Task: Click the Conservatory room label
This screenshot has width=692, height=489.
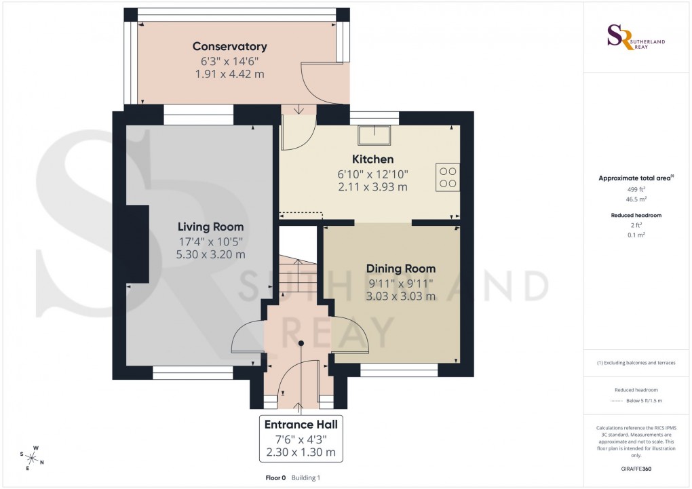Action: coord(229,47)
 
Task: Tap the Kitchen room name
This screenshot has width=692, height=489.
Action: coord(372,159)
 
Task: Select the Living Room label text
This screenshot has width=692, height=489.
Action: coord(210,227)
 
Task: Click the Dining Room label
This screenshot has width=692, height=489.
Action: coord(400,269)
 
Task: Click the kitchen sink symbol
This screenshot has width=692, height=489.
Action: coord(375,135)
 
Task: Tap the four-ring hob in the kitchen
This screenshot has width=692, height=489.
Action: coord(448,177)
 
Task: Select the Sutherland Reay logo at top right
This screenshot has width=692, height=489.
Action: coord(636,37)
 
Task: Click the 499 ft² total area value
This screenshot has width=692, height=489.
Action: coord(636,190)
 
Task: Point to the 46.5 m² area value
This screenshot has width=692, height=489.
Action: coord(636,201)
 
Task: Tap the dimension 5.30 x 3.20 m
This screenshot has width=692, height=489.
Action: coord(210,254)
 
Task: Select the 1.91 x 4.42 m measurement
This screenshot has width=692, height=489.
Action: coord(229,74)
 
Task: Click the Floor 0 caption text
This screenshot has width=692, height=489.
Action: coord(276,478)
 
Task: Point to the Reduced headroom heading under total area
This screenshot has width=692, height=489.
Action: coord(636,215)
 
